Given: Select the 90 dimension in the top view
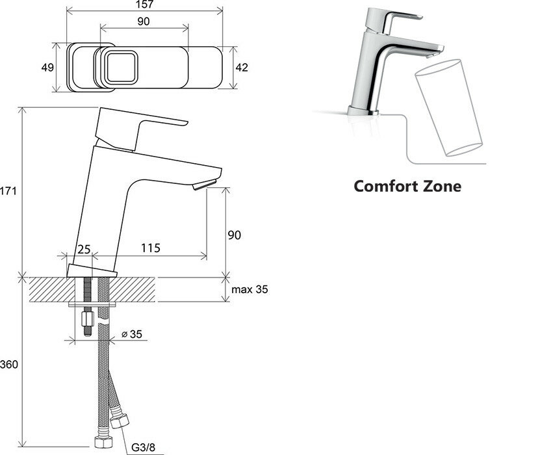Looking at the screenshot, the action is pos(144,21).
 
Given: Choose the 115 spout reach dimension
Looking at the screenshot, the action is pos(150,248).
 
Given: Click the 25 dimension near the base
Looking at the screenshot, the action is pos(84,248).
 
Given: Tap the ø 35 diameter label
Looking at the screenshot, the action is pos(132,335).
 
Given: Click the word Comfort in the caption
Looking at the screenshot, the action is pos(387,186).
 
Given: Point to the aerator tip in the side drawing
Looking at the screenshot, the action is pos(201,186).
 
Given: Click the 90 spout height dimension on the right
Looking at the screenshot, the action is pos(234,235).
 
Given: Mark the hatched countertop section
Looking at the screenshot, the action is pos(91,289).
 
